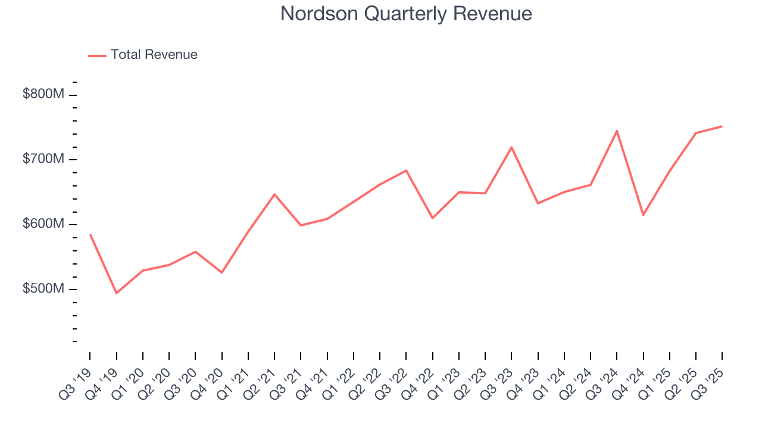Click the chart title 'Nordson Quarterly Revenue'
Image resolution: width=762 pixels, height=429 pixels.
[x=406, y=14]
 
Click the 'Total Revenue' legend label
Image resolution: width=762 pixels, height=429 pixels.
[x=154, y=55]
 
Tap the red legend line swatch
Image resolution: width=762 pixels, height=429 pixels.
[x=97, y=55]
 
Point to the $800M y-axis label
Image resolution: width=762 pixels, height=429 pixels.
[x=43, y=94]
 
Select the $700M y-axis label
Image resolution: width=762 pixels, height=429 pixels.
[x=43, y=159]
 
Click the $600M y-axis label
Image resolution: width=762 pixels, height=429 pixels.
[x=43, y=224]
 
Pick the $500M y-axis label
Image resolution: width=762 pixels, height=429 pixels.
[x=43, y=289]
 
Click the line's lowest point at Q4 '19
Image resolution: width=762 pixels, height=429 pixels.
[x=116, y=293]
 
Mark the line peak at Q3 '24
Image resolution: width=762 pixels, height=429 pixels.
[x=617, y=130]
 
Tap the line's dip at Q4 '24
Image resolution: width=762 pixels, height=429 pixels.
[x=644, y=215]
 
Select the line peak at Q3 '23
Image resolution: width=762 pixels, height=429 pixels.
[x=511, y=147]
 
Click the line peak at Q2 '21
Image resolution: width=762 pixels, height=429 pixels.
[x=274, y=194]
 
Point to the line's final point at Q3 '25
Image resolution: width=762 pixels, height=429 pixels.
[x=722, y=126]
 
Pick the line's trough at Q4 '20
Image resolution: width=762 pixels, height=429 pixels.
[x=221, y=272]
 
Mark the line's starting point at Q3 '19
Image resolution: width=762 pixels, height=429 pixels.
[x=90, y=235]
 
